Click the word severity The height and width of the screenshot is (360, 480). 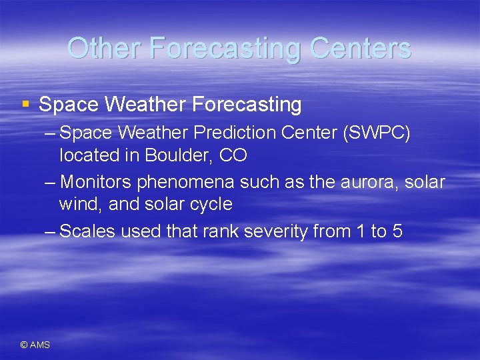(281, 231)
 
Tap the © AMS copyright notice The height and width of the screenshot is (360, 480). (35, 345)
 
